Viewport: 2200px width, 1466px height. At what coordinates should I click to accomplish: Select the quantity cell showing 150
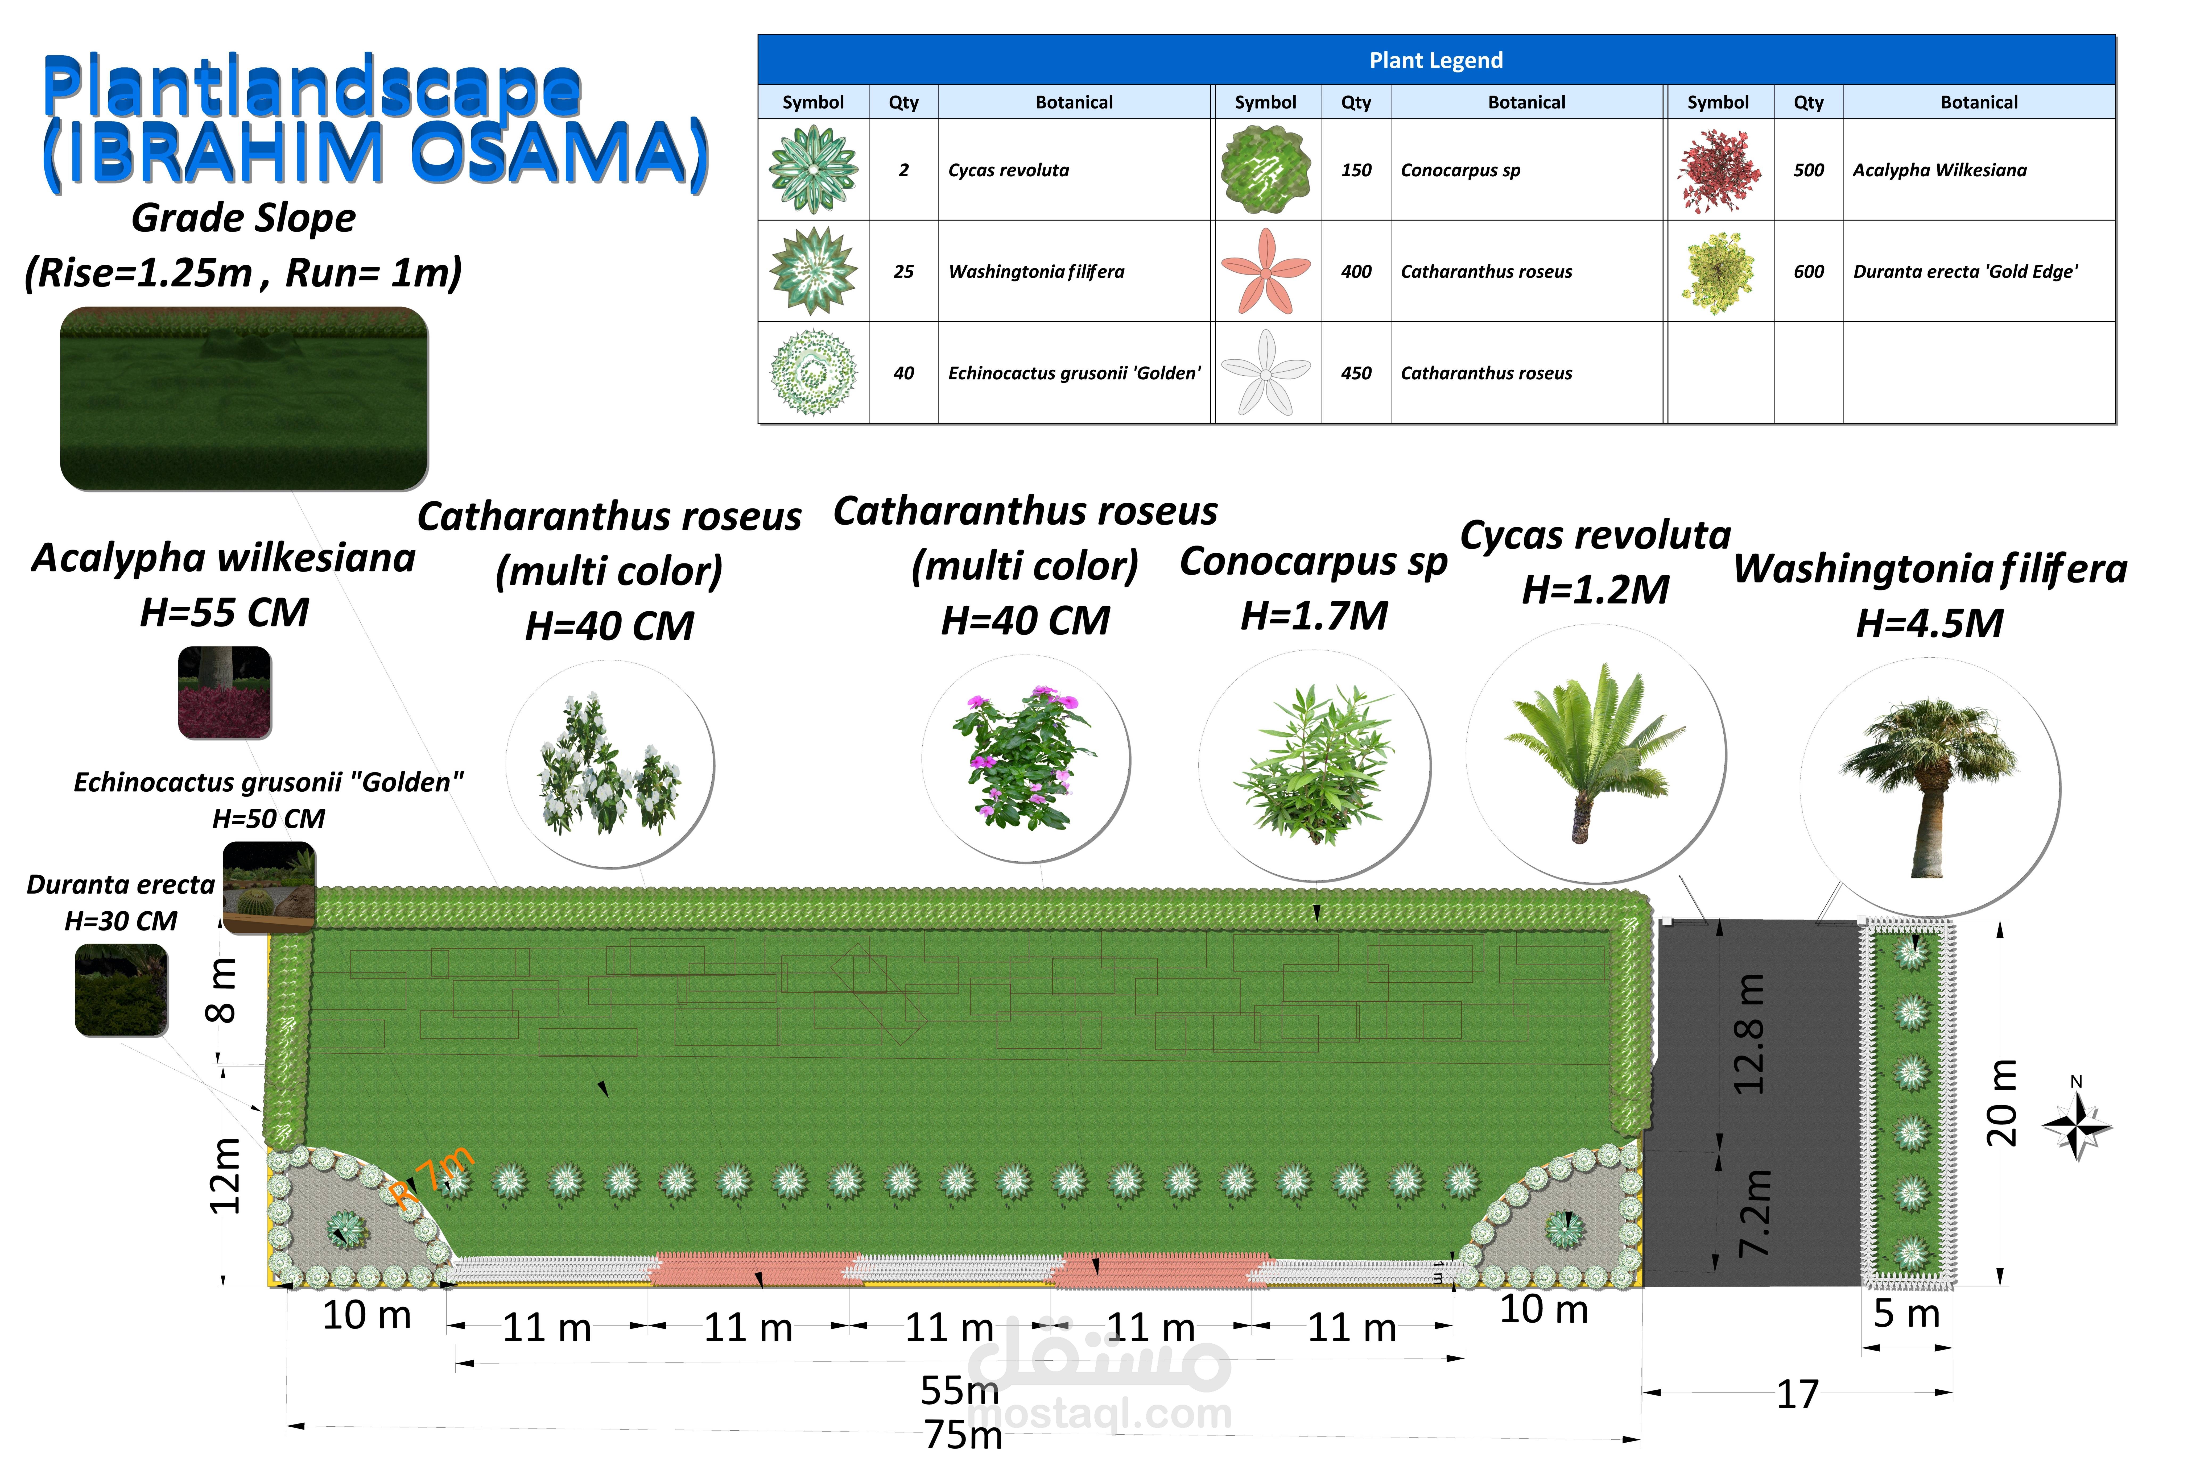pos(1355,170)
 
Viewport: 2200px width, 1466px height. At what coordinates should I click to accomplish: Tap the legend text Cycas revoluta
pos(1008,170)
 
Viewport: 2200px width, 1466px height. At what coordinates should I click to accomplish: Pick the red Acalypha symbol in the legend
pos(1718,170)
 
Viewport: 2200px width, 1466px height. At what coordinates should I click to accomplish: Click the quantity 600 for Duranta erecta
pos(1808,271)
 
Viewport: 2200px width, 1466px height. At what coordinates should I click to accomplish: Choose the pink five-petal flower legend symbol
pos(1266,271)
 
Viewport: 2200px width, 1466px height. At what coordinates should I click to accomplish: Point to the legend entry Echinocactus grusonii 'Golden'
pos(1074,373)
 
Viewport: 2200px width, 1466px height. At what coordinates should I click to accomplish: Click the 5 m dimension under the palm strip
pos(1906,1314)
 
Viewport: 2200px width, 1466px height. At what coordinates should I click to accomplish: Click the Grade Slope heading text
pos(243,218)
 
